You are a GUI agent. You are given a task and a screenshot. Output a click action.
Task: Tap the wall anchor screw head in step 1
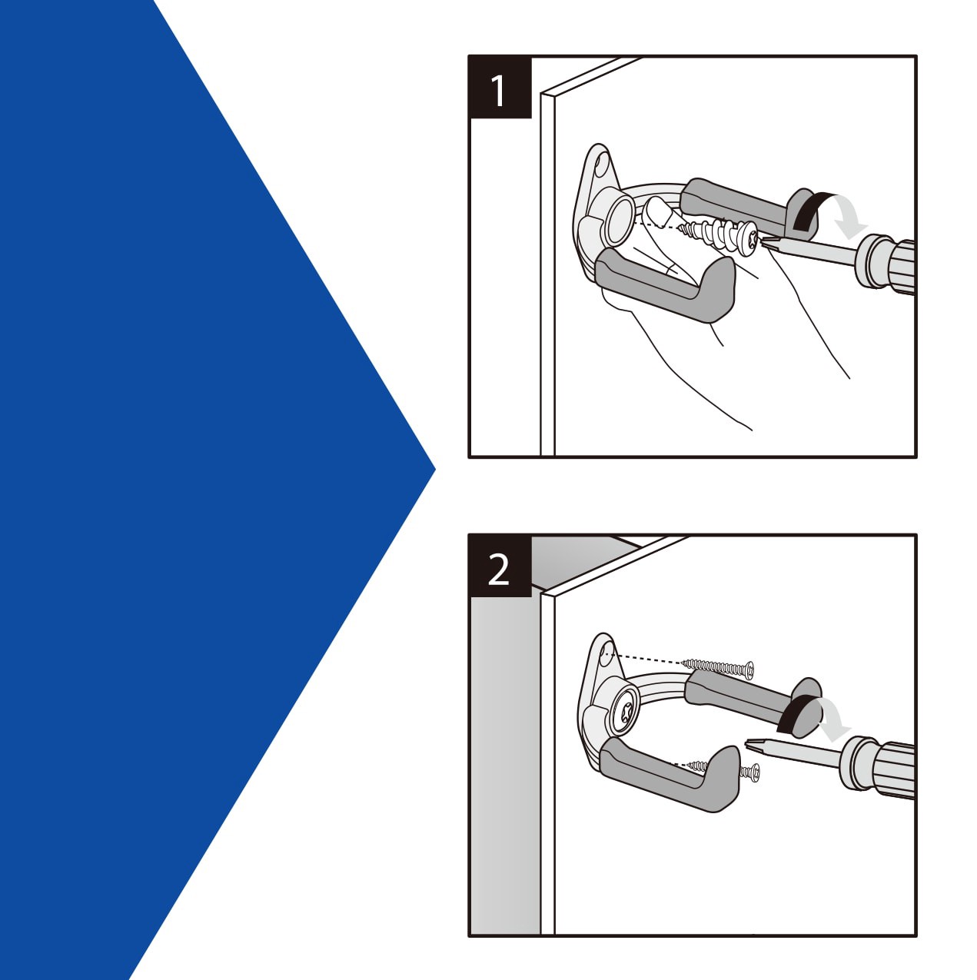click(749, 234)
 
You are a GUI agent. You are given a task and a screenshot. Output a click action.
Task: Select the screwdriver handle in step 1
click(888, 264)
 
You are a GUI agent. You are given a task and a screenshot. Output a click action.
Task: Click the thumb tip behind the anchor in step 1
click(657, 208)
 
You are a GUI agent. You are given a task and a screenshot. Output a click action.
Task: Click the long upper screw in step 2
click(719, 666)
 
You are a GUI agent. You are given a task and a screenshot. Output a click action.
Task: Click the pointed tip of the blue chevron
click(434, 468)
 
